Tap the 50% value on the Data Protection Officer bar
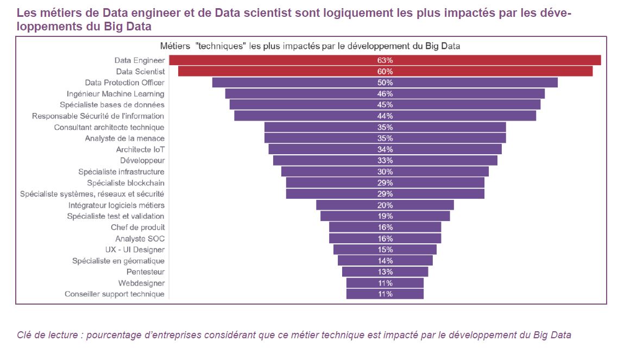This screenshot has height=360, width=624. pyautogui.click(x=385, y=83)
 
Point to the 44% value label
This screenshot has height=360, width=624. pyautogui.click(x=385, y=116)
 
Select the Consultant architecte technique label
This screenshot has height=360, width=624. pyautogui.click(x=109, y=127)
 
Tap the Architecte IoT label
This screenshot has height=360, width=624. pyautogui.click(x=140, y=149)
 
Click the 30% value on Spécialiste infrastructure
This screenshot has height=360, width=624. pyautogui.click(x=385, y=172)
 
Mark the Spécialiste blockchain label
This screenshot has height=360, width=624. pyautogui.click(x=125, y=183)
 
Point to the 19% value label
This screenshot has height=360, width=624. pyautogui.click(x=385, y=216)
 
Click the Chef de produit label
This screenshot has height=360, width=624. pyautogui.click(x=138, y=228)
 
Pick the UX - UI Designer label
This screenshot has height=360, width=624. pyautogui.click(x=135, y=250)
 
